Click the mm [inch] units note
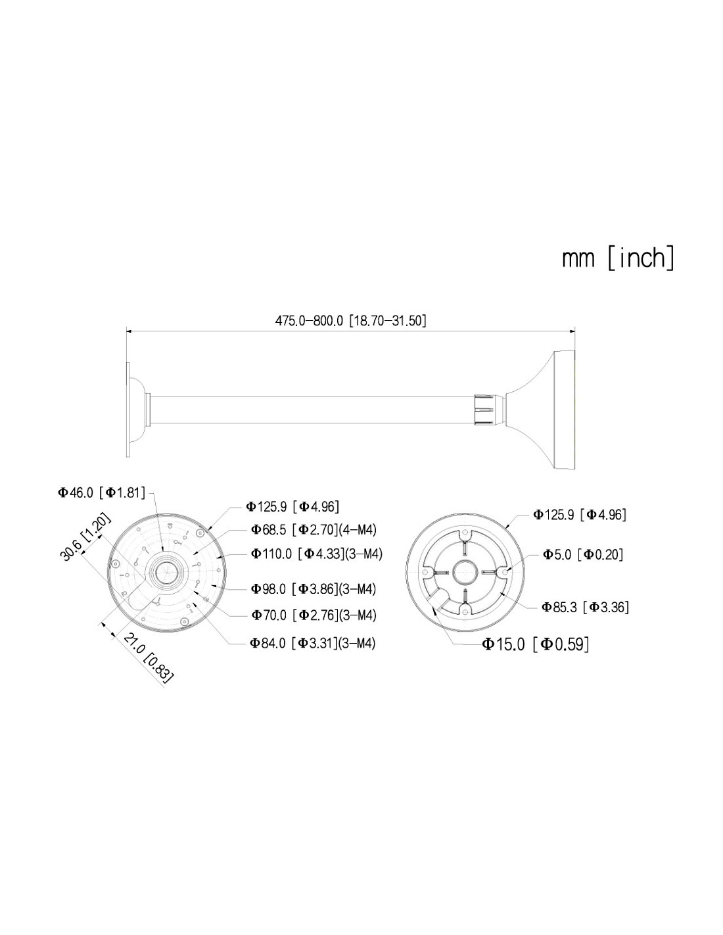click(618, 258)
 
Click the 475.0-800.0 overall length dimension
click(350, 321)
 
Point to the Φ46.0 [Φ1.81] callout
click(101, 492)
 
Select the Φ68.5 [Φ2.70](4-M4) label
click(314, 530)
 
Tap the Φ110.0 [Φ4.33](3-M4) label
click(317, 554)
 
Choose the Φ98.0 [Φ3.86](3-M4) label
click(314, 589)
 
